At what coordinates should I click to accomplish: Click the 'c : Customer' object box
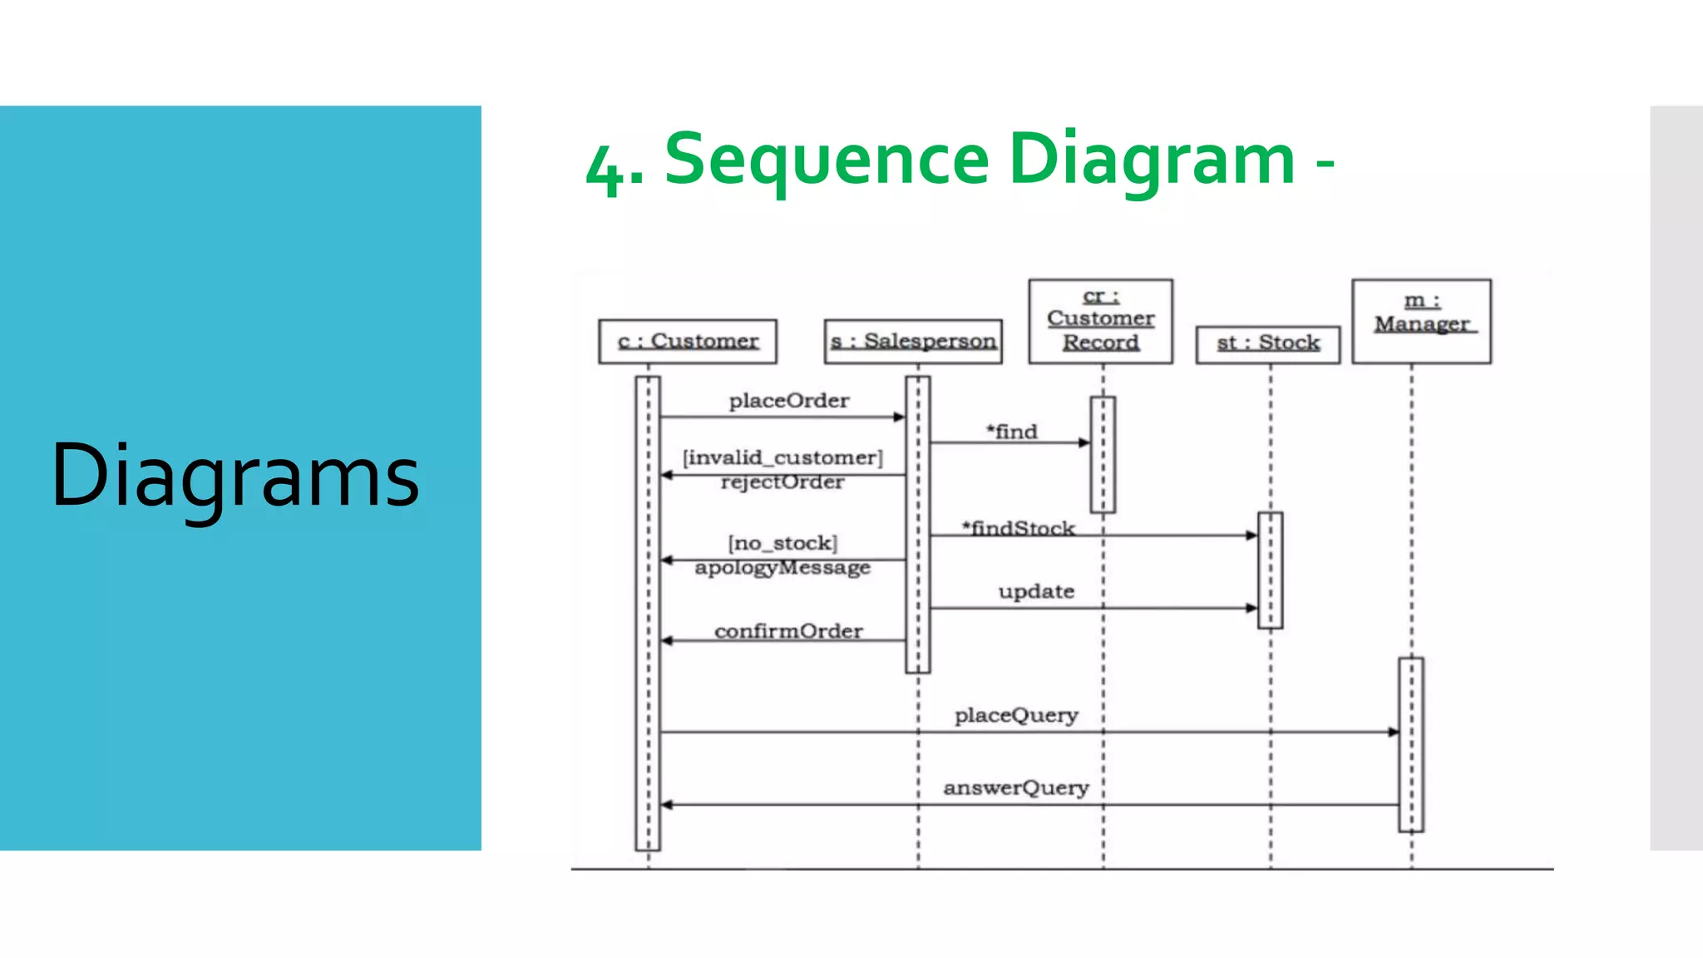tap(688, 342)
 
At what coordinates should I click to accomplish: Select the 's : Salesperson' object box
tap(913, 342)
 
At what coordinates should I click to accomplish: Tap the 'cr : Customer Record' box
tap(1100, 321)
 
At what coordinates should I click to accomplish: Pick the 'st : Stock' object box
tap(1267, 343)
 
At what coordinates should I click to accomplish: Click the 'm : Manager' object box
tap(1421, 321)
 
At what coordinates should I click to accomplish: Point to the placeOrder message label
tap(788, 401)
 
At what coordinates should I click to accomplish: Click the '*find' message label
tap(1012, 432)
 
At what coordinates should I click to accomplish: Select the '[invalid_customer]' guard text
tap(782, 457)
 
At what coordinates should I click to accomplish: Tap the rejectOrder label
tap(782, 482)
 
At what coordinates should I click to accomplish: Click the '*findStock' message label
tap(1019, 528)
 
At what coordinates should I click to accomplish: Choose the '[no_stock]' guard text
tap(782, 543)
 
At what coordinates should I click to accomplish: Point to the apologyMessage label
tap(782, 567)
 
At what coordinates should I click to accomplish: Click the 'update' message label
tap(1036, 591)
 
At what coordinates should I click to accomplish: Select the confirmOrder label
tap(788, 631)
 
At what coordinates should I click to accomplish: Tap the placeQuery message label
tap(1016, 715)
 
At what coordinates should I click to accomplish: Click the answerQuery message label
tap(1015, 788)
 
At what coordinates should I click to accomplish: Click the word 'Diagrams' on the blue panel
tap(235, 475)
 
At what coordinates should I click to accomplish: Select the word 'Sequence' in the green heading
tap(827, 160)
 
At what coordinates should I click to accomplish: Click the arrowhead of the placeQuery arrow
tap(1393, 732)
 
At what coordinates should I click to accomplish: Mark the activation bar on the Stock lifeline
tap(1270, 570)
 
